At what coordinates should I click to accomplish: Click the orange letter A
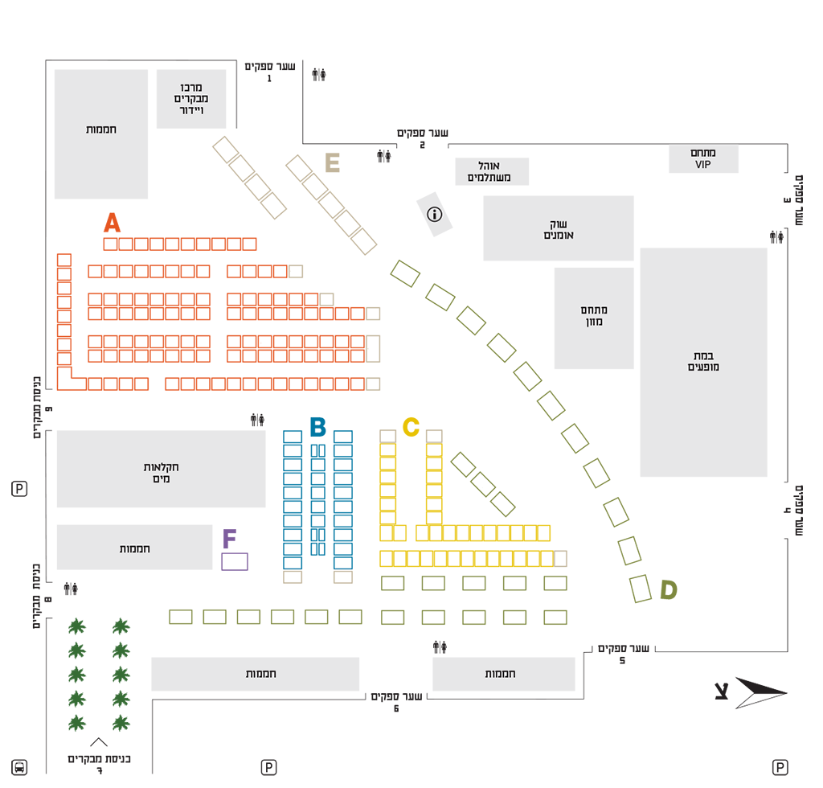tap(112, 223)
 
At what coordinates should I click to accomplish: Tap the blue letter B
tap(317, 427)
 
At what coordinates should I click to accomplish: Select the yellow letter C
tap(411, 427)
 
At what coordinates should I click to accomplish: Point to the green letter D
tap(669, 589)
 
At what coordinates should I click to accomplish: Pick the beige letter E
tap(332, 162)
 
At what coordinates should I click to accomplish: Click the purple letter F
tap(229, 539)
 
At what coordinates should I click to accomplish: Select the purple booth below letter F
tap(235, 562)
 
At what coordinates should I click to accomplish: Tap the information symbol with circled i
tap(435, 214)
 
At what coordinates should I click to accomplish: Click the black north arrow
tap(760, 692)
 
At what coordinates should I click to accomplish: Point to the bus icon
tap(19, 768)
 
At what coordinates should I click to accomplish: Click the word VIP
tap(703, 165)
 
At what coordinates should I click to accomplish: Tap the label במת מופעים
tap(703, 361)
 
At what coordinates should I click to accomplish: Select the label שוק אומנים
tap(559, 229)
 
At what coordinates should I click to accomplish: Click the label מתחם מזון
tap(594, 315)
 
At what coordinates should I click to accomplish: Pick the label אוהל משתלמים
tap(489, 171)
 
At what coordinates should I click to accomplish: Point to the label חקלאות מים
tap(161, 473)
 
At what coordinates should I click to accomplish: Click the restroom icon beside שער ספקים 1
tap(319, 75)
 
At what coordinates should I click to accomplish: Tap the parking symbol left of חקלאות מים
tap(19, 489)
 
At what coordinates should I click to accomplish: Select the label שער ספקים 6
tap(397, 702)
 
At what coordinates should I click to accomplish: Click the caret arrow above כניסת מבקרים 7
tap(99, 742)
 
